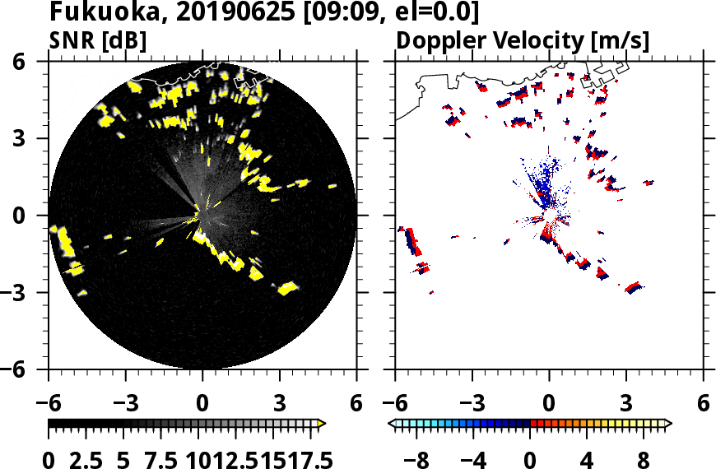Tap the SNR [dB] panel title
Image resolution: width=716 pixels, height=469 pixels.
98,39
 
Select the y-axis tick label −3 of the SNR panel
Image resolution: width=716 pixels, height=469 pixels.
22,293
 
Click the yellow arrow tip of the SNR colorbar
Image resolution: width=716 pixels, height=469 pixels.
322,424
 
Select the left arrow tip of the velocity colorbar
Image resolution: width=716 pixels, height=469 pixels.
393,424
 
